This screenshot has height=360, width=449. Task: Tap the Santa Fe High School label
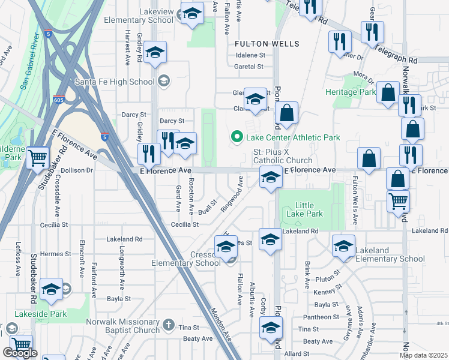(115, 82)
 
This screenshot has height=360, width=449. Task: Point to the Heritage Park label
(350, 92)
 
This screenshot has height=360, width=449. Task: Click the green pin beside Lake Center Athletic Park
(237, 137)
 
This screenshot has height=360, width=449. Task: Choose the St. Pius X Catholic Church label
(282, 156)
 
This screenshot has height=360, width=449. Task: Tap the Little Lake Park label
(304, 209)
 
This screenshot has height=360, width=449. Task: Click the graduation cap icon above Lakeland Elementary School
(343, 246)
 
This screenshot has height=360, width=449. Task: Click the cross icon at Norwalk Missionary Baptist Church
(169, 325)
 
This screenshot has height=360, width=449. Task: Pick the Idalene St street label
(250, 55)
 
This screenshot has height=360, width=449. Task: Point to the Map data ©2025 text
(424, 355)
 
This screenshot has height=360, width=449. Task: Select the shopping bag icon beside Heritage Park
(388, 93)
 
